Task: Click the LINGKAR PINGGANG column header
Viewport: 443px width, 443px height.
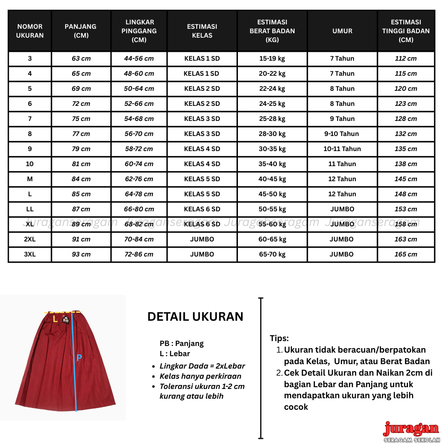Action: (x=140, y=31)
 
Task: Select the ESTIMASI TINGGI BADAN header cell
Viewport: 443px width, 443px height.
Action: (x=406, y=31)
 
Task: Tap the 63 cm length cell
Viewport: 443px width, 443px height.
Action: (x=81, y=58)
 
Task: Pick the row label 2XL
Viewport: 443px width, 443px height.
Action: (x=30, y=239)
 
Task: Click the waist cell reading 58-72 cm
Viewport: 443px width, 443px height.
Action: (x=139, y=149)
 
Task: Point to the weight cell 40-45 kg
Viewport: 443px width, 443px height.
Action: (x=272, y=179)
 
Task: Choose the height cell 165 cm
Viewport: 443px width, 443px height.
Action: (x=406, y=254)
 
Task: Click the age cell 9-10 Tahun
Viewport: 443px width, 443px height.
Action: (x=342, y=134)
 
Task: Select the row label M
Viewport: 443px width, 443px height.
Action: (x=30, y=179)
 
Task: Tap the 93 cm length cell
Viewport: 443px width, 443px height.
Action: (x=81, y=254)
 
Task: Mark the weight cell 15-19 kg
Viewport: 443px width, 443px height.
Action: (x=272, y=58)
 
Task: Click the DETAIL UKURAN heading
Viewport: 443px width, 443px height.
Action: (x=195, y=317)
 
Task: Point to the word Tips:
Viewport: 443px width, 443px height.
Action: (x=280, y=338)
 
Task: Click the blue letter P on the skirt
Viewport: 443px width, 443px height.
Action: (x=79, y=358)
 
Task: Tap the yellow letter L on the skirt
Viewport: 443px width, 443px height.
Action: (x=55, y=319)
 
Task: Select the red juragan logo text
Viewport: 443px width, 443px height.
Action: (x=411, y=429)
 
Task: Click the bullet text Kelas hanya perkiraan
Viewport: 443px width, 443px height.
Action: (x=200, y=376)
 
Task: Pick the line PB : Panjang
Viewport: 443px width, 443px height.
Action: (x=182, y=343)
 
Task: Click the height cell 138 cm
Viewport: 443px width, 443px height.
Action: (x=406, y=164)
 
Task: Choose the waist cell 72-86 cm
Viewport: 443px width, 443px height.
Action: (x=139, y=254)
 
